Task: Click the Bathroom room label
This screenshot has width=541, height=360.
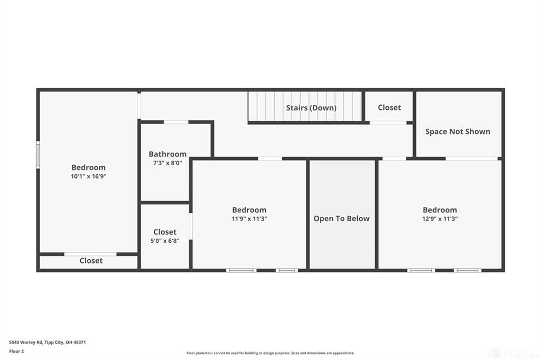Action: (167, 154)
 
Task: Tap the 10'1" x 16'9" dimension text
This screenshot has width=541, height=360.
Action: (89, 176)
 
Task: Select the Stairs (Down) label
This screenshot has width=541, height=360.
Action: (311, 108)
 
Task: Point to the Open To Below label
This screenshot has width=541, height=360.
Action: (341, 219)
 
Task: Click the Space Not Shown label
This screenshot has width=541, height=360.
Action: (458, 131)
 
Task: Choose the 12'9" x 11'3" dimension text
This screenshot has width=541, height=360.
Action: (440, 219)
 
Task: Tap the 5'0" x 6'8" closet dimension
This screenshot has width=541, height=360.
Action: (165, 241)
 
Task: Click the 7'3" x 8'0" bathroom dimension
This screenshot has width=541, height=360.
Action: (167, 163)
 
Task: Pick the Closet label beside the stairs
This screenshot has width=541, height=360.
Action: (389, 107)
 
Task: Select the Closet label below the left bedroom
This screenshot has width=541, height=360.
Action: (91, 261)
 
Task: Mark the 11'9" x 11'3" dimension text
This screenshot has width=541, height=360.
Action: (249, 219)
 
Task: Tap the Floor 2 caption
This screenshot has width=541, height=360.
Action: (17, 350)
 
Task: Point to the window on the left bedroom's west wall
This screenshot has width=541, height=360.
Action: (38, 155)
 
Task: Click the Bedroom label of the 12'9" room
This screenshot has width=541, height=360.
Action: (440, 210)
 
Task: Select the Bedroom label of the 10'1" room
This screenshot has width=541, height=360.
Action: (89, 167)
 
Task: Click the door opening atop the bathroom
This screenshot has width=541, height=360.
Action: (175, 122)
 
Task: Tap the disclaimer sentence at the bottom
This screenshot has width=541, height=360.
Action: (270, 353)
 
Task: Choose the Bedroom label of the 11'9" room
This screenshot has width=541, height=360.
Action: (249, 210)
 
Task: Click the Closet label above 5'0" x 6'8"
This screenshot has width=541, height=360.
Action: (165, 232)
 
